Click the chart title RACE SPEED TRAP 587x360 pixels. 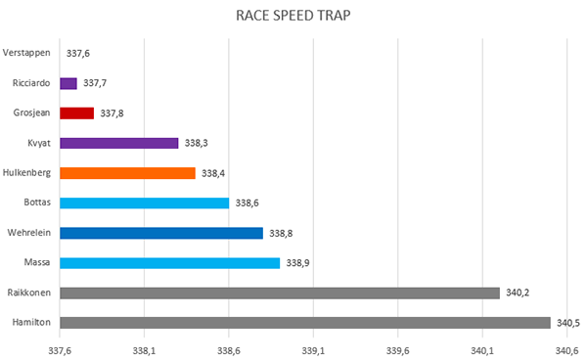[293, 16]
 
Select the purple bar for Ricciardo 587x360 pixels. [68, 83]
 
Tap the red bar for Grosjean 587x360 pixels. [76, 113]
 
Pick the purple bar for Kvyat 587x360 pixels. [119, 144]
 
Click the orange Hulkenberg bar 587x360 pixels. [127, 173]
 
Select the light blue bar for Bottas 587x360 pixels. [145, 203]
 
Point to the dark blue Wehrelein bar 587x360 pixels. [161, 233]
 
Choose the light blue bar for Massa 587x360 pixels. [170, 263]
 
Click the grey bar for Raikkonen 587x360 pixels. [280, 293]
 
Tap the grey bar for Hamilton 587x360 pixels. [305, 323]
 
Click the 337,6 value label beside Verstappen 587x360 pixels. [78, 54]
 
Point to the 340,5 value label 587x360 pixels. [568, 323]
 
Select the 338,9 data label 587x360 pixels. [298, 263]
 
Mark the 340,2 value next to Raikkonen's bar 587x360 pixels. [518, 292]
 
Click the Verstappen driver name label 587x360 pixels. [26, 53]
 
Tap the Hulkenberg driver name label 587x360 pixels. [26, 172]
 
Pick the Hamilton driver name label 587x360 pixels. [31, 322]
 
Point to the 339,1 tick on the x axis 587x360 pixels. [313, 351]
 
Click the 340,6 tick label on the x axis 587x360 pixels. [566, 351]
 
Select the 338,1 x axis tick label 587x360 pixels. [144, 351]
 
